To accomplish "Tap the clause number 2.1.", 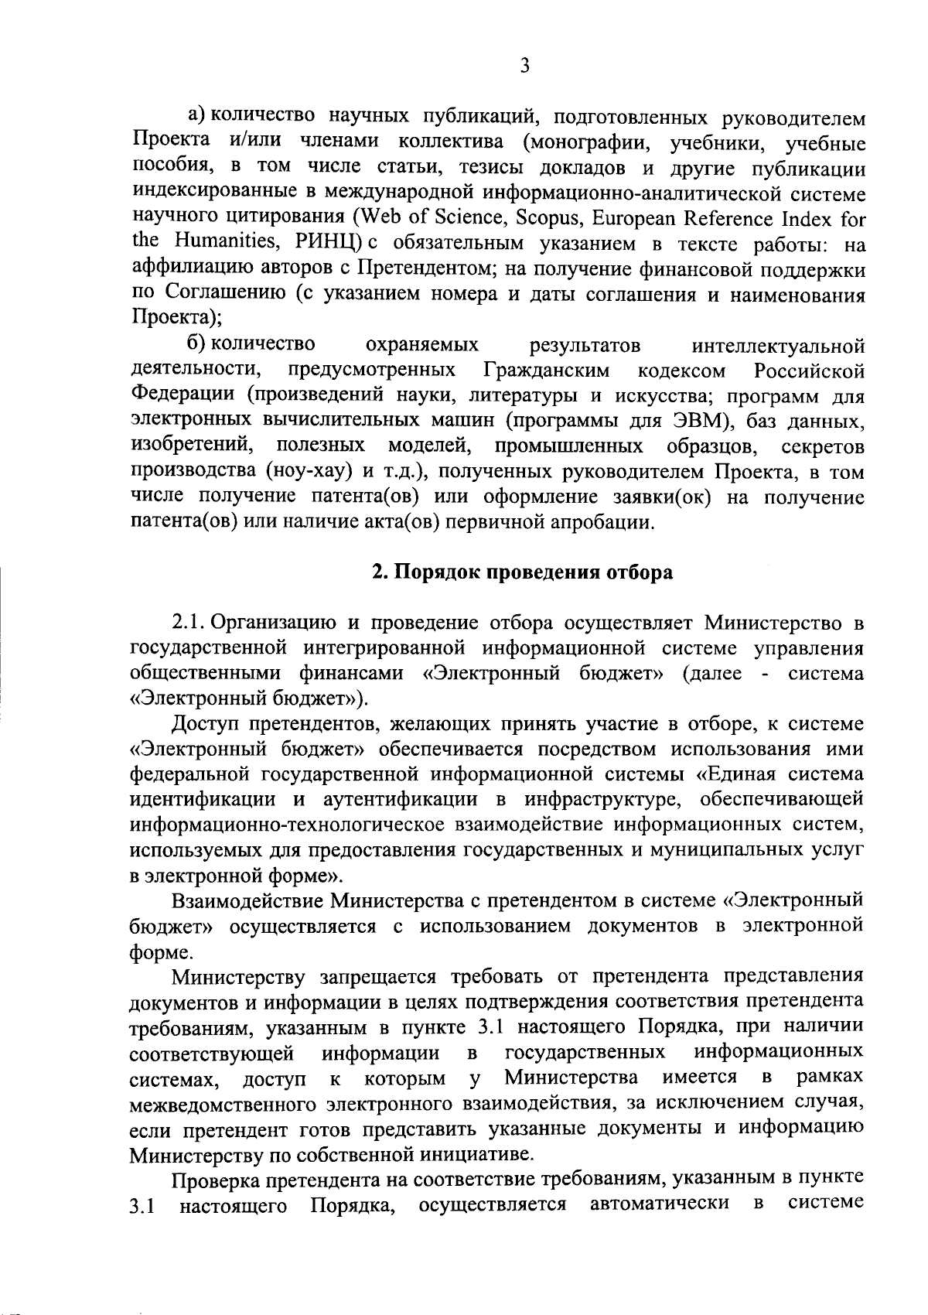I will tap(189, 623).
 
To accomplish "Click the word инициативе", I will tap(480, 1155).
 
